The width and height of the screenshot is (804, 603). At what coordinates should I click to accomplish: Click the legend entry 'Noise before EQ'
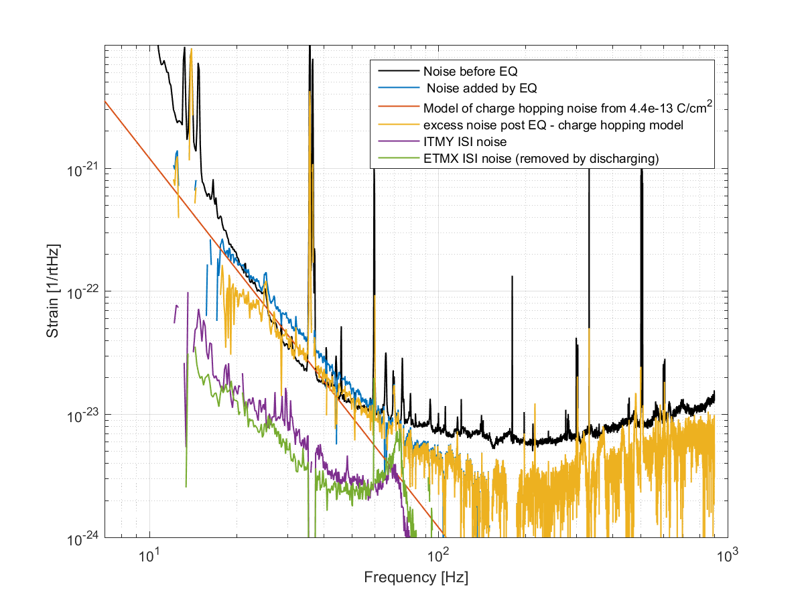[x=470, y=71]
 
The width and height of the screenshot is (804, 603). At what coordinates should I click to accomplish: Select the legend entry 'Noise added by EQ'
[x=482, y=88]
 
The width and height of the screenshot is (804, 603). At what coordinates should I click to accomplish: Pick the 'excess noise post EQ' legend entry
[x=553, y=125]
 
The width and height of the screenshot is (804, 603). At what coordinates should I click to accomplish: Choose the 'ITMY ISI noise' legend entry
[x=465, y=143]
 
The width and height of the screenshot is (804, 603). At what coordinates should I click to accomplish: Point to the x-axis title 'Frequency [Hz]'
[x=416, y=578]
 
